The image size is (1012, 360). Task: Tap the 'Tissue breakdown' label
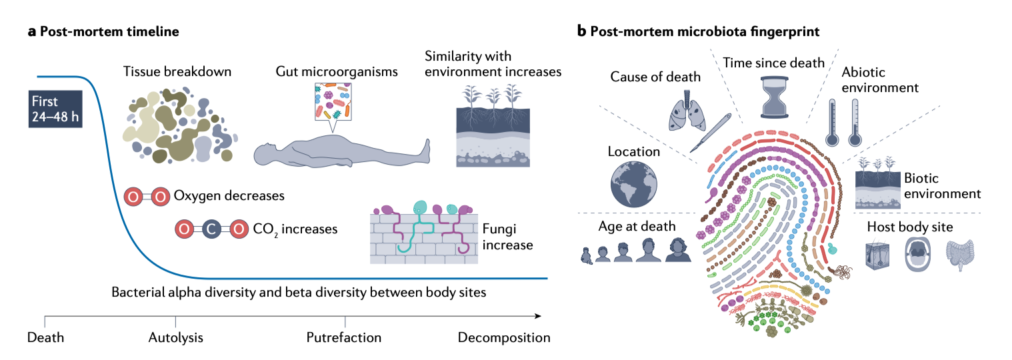pos(177,71)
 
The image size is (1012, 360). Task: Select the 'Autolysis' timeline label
pos(175,337)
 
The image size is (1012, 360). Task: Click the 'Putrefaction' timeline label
pos(344,337)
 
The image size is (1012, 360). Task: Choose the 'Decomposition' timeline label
pos(503,337)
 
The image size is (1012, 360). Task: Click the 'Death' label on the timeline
pos(45,337)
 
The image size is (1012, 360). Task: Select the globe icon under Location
pos(633,181)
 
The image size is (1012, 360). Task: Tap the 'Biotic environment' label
pos(942,187)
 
